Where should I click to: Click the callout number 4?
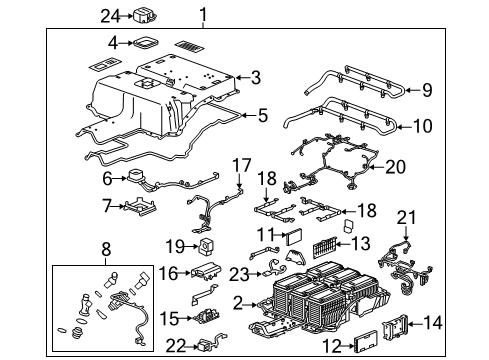[x=113, y=43]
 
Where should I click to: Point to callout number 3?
[x=256, y=77]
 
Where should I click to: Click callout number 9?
[x=426, y=90]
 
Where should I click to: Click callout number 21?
[x=432, y=217]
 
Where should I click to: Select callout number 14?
[x=462, y=322]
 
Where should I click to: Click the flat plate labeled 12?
[x=357, y=345]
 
